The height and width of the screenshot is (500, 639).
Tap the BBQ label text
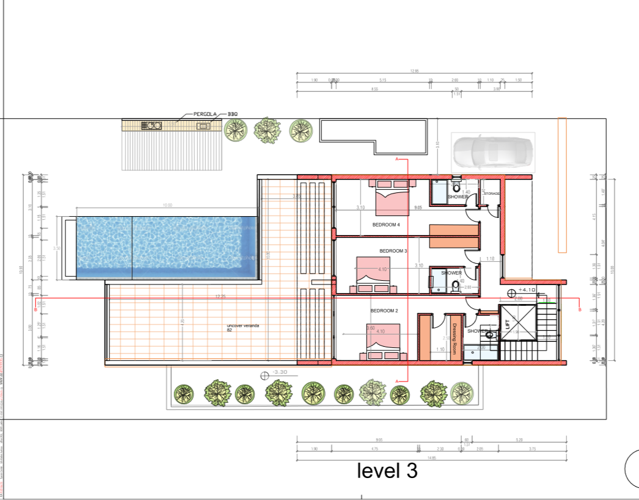pyautogui.click(x=233, y=114)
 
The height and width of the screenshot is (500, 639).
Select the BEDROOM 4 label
pyautogui.click(x=386, y=225)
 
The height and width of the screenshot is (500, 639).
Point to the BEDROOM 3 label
pyautogui.click(x=393, y=251)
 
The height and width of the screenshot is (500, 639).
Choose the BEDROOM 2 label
pyautogui.click(x=384, y=311)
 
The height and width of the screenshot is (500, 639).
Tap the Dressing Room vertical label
pyautogui.click(x=454, y=339)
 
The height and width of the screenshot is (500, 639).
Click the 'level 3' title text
pyautogui.click(x=387, y=471)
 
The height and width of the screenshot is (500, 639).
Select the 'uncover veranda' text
pyautogui.click(x=243, y=326)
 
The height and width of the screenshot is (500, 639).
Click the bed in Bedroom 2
pyautogui.click(x=383, y=343)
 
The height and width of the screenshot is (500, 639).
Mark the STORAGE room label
pyautogui.click(x=492, y=194)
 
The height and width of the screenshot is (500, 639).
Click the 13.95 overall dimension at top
pyautogui.click(x=414, y=71)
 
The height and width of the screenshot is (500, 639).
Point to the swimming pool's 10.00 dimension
pyautogui.click(x=167, y=206)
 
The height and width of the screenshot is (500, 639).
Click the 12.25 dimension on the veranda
pyautogui.click(x=221, y=296)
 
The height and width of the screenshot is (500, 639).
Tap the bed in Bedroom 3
pyautogui.click(x=373, y=274)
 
